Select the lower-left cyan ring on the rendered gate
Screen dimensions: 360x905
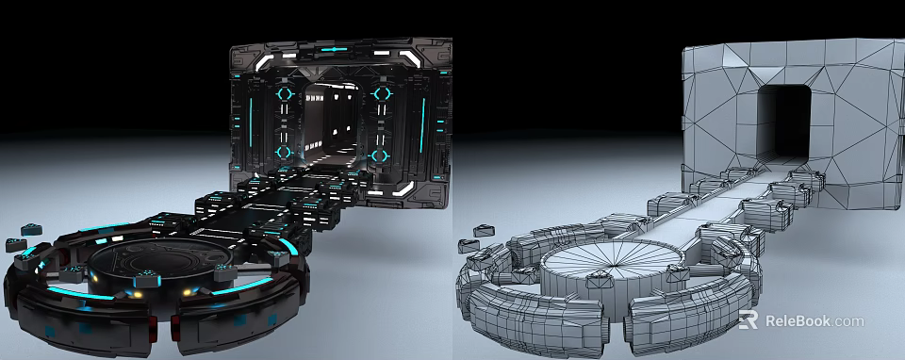point(284,151)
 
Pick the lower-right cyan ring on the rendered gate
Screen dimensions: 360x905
point(380,155)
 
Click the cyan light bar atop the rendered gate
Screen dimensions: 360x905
point(335,48)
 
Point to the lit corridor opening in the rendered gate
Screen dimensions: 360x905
point(332,123)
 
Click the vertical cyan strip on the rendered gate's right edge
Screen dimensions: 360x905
point(422,123)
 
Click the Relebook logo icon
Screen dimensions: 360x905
point(749,320)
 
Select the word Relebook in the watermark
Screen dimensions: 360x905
point(798,321)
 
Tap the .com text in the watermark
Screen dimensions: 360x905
point(848,321)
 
